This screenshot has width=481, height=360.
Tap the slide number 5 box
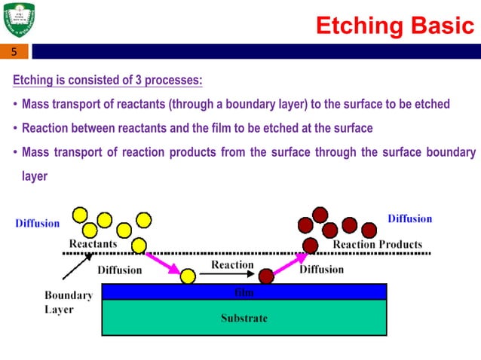14,52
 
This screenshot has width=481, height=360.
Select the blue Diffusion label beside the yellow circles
37,223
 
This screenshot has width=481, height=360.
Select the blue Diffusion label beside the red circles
409,218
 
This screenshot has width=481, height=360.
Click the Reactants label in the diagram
93,244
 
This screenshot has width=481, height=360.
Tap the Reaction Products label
377,244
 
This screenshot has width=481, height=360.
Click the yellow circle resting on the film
188,276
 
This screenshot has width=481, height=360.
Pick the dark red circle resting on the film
266,276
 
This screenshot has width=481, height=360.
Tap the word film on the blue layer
244,291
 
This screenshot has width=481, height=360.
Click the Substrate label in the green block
244,318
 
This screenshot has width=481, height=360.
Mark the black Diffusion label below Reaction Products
322,269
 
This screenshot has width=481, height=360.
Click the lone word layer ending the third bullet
35,176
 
